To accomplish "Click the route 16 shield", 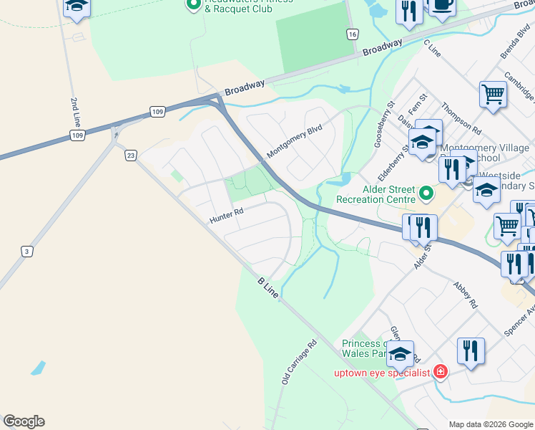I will (351, 34).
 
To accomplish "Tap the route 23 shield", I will (130, 156).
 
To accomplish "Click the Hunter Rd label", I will (227, 212).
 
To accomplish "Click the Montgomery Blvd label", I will (295, 141).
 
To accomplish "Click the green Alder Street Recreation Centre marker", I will (427, 193).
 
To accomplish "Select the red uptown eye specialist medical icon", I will (441, 371).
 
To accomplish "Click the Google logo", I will (24, 421).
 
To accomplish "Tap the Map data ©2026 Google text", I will (491, 424).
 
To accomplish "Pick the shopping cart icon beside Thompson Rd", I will (494, 94).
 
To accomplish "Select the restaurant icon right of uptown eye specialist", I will (471, 351).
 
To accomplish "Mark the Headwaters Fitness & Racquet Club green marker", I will (192, 5).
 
